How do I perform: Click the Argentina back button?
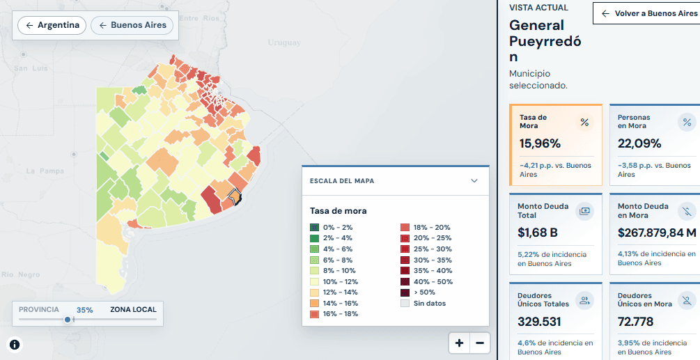pyautogui.click(x=52, y=26)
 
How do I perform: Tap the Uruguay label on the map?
pyautogui.click(x=284, y=42)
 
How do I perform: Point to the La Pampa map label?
pyautogui.click(x=45, y=171)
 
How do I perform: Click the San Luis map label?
pyautogui.click(x=31, y=68)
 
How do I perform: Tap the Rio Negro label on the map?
pyautogui.click(x=21, y=274)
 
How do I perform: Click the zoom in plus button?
pyautogui.click(x=460, y=343)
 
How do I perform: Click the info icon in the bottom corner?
pyautogui.click(x=15, y=345)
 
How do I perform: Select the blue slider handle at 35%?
pyautogui.click(x=68, y=320)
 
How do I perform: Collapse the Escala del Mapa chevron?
pyautogui.click(x=474, y=180)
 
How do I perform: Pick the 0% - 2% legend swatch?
pyautogui.click(x=315, y=228)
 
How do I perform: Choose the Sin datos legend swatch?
pyautogui.click(x=405, y=304)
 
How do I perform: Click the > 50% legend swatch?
pyautogui.click(x=405, y=292)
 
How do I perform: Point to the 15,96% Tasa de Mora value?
pyautogui.click(x=540, y=143)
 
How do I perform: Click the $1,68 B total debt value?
pyautogui.click(x=538, y=233)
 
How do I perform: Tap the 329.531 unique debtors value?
pyautogui.click(x=539, y=322)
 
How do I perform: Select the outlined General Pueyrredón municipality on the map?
pyautogui.click(x=234, y=196)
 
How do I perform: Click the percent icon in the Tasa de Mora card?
pyautogui.click(x=584, y=123)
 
